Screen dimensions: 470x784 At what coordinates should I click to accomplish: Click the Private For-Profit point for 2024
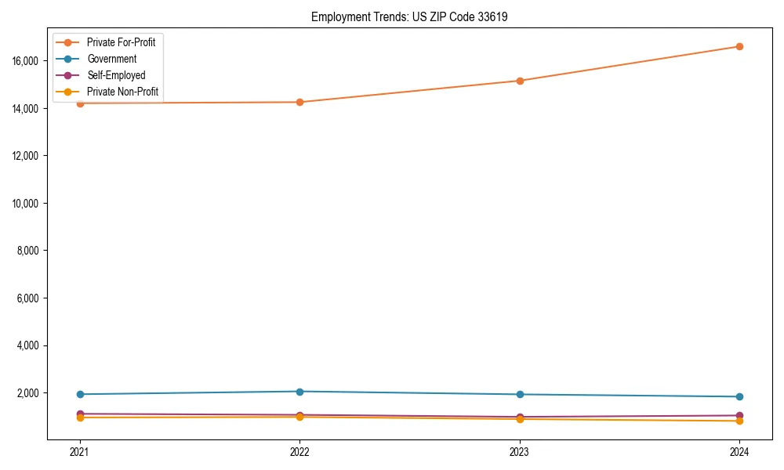click(x=739, y=46)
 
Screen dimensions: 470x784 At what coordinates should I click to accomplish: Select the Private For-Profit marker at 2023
click(x=520, y=81)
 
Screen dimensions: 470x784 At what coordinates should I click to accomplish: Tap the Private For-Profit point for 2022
click(x=299, y=102)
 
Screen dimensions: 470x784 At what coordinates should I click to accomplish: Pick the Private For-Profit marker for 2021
click(x=80, y=103)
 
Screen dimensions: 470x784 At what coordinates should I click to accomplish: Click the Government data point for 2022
click(x=299, y=392)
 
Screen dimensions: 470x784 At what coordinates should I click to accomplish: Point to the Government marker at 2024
click(x=739, y=396)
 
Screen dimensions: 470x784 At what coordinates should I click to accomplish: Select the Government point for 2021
click(x=80, y=394)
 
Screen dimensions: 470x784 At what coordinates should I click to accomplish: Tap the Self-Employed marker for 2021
click(x=80, y=414)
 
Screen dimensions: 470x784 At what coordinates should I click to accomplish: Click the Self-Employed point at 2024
click(x=739, y=415)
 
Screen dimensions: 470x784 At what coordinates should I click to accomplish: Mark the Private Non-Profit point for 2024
click(x=739, y=421)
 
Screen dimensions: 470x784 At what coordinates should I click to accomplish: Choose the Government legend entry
click(x=111, y=59)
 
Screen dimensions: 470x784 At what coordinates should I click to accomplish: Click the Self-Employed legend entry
click(x=116, y=75)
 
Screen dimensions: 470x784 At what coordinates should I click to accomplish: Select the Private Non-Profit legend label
click(x=122, y=92)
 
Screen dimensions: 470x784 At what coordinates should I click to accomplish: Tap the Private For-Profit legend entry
click(x=121, y=42)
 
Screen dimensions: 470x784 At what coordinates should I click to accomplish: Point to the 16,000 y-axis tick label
click(x=32, y=60)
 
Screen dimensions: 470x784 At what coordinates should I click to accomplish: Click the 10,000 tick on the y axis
click(x=32, y=203)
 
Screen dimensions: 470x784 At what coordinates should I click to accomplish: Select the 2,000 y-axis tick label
click(x=34, y=392)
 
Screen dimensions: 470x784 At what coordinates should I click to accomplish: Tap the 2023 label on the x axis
click(x=520, y=451)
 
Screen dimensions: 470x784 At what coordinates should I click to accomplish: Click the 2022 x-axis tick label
click(x=299, y=451)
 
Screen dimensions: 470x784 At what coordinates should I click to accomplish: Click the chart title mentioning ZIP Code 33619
click(x=409, y=16)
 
